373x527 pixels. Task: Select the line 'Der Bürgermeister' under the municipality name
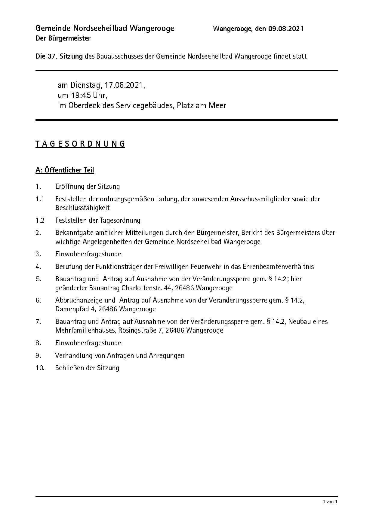[x=63, y=38]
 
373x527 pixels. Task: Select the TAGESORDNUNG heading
[x=80, y=144]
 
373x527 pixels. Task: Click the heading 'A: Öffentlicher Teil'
[x=65, y=170]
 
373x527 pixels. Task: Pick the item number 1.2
[x=40, y=220]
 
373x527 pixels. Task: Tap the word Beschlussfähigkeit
[x=82, y=208]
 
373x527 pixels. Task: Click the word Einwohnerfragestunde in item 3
[x=88, y=254]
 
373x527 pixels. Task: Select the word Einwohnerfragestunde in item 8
[x=88, y=343]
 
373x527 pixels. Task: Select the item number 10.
[x=40, y=368]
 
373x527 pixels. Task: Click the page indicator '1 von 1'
[x=330, y=502]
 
